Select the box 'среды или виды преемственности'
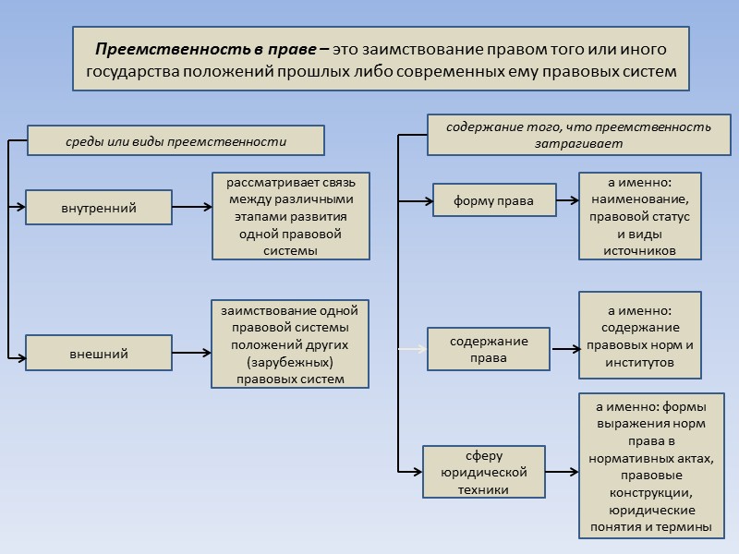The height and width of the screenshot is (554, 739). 176,141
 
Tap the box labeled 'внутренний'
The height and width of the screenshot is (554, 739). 98,208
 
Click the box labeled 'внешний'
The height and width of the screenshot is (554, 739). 98,354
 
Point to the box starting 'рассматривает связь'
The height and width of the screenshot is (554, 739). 290,215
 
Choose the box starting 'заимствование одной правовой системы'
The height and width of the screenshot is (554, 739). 289,343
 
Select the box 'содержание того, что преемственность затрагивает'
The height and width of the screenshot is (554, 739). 578,135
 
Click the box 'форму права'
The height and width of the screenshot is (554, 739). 494,200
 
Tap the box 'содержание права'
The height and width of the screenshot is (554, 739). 489,349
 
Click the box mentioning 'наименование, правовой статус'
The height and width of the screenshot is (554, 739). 639,215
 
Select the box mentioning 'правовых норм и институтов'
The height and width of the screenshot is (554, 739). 639,335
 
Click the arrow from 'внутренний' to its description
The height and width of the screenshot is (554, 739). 192,208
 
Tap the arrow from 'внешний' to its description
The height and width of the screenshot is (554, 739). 191,353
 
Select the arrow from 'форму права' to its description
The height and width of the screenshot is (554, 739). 568,200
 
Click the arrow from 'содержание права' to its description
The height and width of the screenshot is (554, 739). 564,349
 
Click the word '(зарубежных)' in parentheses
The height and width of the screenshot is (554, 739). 289,362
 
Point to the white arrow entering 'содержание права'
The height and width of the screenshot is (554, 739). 412,349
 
